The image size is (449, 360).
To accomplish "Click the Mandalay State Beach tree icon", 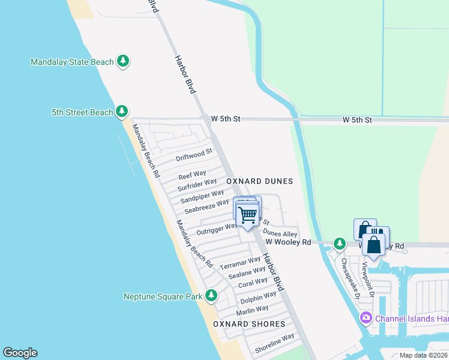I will [123, 61].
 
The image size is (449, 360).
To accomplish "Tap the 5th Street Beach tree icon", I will [122, 112].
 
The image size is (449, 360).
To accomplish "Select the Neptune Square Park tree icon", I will [211, 295].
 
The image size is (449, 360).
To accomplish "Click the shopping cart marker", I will [248, 215].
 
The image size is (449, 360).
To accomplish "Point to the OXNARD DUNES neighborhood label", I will [259, 181].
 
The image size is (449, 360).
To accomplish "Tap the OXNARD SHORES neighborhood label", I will [249, 324].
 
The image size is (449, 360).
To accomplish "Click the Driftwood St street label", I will [194, 156].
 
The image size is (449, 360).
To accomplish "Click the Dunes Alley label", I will [280, 234].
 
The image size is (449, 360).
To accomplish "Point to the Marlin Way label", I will [252, 310].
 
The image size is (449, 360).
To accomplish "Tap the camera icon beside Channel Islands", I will [364, 317].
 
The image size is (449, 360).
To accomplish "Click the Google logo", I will [20, 353].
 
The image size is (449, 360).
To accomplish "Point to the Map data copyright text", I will [423, 355].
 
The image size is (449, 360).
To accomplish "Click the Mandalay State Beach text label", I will [71, 62].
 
